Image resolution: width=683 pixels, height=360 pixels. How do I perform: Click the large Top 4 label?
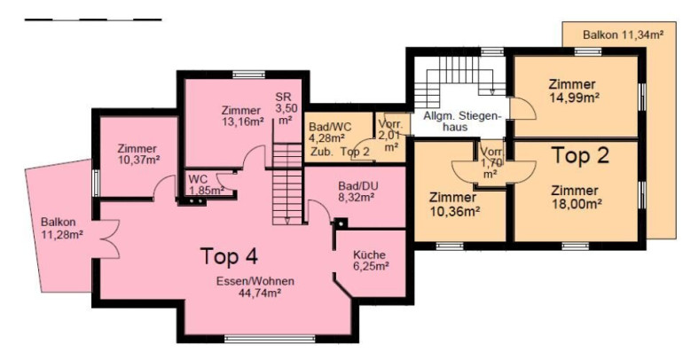click(x=229, y=256)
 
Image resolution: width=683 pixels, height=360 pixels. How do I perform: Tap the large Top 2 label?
click(x=580, y=155)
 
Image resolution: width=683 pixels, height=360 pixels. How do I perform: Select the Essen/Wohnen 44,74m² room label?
click(x=255, y=287)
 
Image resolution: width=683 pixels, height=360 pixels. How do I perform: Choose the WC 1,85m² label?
click(x=206, y=184)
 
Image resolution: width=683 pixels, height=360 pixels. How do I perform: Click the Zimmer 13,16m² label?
click(x=243, y=116)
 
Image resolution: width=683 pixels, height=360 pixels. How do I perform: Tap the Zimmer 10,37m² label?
click(x=138, y=154)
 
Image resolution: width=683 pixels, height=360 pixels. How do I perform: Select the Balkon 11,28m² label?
click(x=62, y=228)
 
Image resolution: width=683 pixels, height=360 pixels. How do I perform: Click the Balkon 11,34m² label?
click(x=624, y=35)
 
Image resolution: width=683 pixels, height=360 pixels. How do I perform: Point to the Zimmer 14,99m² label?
click(x=572, y=90)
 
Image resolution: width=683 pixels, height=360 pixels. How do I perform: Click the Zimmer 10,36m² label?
click(x=453, y=204)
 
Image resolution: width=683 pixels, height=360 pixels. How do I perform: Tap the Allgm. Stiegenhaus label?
click(x=460, y=121)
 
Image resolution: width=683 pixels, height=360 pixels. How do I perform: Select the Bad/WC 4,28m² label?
click(x=330, y=132)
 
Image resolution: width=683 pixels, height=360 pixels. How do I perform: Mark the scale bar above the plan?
click(x=93, y=20)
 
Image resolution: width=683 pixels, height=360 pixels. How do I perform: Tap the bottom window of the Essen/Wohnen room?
click(x=270, y=338)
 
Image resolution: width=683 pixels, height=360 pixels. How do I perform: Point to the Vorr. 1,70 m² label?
click(x=491, y=163)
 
